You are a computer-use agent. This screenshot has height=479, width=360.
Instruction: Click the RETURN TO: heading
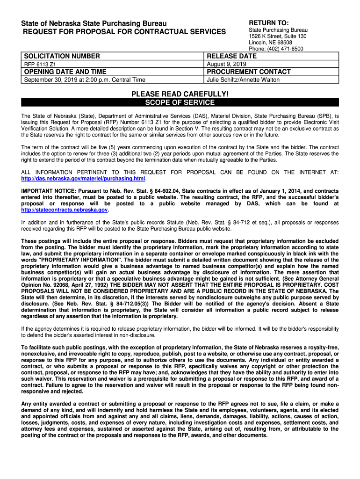pyautogui.click(x=268, y=23)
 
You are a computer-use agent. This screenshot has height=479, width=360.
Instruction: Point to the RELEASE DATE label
pyautogui.click(x=232, y=56)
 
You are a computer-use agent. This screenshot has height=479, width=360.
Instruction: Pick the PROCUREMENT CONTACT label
pyautogui.click(x=249, y=72)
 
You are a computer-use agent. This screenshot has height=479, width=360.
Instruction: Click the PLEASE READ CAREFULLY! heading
pyautogui.click(x=180, y=94)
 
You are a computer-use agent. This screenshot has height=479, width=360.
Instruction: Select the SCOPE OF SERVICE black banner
pyautogui.click(x=180, y=102)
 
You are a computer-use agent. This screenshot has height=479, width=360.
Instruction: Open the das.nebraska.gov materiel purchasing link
pyautogui.click(x=84, y=179)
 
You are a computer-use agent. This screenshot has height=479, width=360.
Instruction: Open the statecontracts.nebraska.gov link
pyautogui.click(x=65, y=210)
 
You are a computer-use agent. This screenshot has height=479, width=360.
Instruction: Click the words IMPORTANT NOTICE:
pyautogui.click(x=47, y=191)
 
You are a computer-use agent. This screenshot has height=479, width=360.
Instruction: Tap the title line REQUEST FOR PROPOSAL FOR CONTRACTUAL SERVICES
pyautogui.click(x=121, y=31)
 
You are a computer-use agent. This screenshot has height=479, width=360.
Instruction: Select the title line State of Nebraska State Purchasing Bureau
pyautogui.click(x=93, y=23)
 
